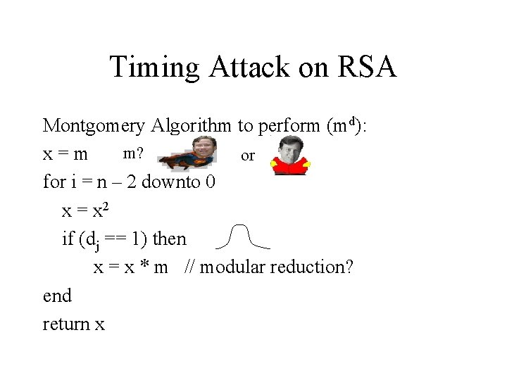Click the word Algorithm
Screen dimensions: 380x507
click(x=190, y=126)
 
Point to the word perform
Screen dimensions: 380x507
click(x=289, y=126)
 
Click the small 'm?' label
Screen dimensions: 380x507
click(x=134, y=151)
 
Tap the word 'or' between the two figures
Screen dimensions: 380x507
click(x=248, y=156)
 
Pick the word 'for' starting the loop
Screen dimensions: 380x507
click(x=54, y=182)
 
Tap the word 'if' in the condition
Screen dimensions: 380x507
click(x=68, y=239)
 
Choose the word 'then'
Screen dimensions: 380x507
click(x=170, y=239)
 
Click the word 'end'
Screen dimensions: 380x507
click(x=57, y=296)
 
